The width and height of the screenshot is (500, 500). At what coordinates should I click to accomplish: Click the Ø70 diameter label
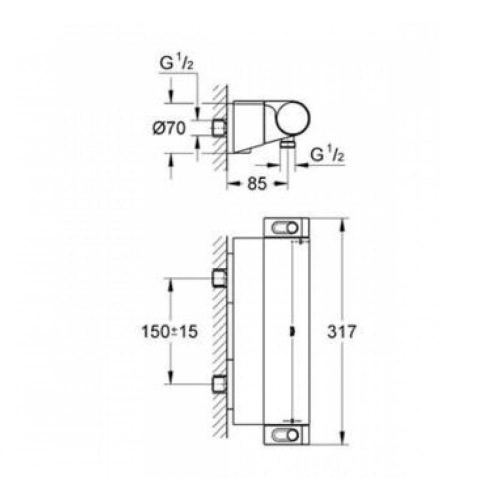tap(168, 128)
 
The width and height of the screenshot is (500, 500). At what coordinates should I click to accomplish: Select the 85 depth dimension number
tap(257, 184)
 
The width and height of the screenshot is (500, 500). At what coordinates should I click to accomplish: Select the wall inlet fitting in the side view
tap(219, 128)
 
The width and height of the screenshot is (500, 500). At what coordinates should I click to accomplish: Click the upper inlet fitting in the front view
tap(219, 278)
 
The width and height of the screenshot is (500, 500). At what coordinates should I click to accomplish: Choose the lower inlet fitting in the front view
tap(219, 384)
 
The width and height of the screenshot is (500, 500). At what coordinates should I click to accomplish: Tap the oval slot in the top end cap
tap(286, 227)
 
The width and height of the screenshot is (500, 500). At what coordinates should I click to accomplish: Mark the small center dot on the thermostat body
tap(293, 330)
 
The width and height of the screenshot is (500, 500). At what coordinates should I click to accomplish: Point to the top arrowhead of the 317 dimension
tap(342, 223)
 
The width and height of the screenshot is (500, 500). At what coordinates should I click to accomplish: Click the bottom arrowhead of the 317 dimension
tap(342, 439)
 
